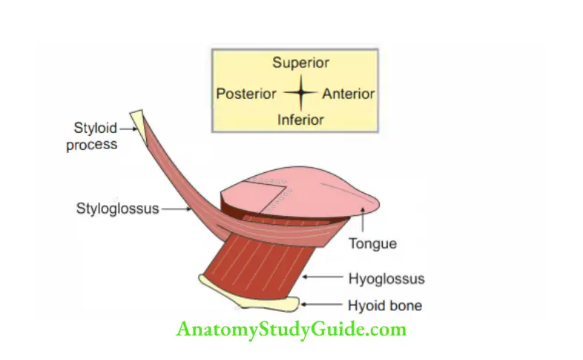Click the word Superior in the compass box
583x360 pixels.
(x=300, y=62)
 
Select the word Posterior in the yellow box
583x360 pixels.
(x=246, y=94)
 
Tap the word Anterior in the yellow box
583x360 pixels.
(x=349, y=94)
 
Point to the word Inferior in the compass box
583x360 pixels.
(x=300, y=120)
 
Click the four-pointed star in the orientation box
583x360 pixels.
(x=301, y=93)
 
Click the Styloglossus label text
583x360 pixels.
(x=117, y=209)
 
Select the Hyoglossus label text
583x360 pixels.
(x=386, y=278)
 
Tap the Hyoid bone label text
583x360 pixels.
(x=385, y=306)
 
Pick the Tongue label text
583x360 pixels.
(x=372, y=243)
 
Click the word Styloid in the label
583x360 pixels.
(x=96, y=128)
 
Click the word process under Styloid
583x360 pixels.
(x=92, y=145)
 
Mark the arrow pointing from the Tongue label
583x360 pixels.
(x=363, y=220)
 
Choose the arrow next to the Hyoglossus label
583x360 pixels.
(x=323, y=277)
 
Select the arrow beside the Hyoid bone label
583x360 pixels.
(x=321, y=304)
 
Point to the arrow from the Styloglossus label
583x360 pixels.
(x=177, y=209)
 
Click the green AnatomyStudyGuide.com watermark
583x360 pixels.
(x=291, y=330)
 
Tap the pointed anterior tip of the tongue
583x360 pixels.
(x=378, y=204)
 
